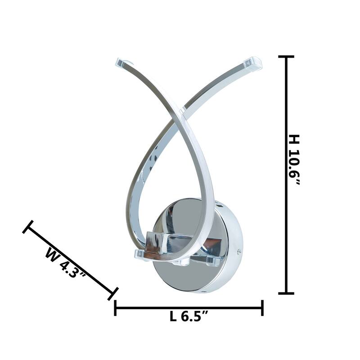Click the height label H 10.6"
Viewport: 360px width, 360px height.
pyautogui.click(x=294, y=160)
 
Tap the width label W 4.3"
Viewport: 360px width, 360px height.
pyautogui.click(x=65, y=262)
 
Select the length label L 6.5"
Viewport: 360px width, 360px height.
pyautogui.click(x=189, y=317)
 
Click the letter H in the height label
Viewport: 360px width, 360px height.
pyautogui.click(x=294, y=139)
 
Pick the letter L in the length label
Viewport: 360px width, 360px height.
pyautogui.click(x=173, y=317)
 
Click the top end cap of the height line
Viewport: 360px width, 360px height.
pyautogui.click(x=286, y=57)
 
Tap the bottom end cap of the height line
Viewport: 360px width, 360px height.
pyautogui.click(x=286, y=293)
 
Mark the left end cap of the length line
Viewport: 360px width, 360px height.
pyautogui.click(x=115, y=308)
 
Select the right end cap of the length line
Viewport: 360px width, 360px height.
pyautogui.click(x=262, y=308)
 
